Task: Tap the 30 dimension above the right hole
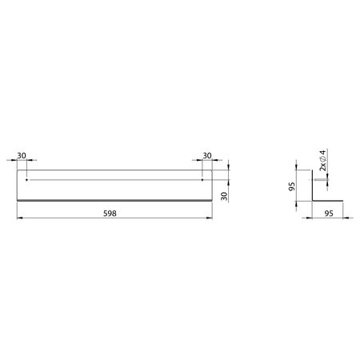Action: click(x=207, y=155)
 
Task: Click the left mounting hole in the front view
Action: click(x=26, y=180)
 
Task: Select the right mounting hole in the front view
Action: click(x=202, y=180)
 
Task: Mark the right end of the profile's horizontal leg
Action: click(x=343, y=200)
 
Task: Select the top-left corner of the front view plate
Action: click(x=17, y=169)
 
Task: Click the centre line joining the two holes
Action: click(x=114, y=180)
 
